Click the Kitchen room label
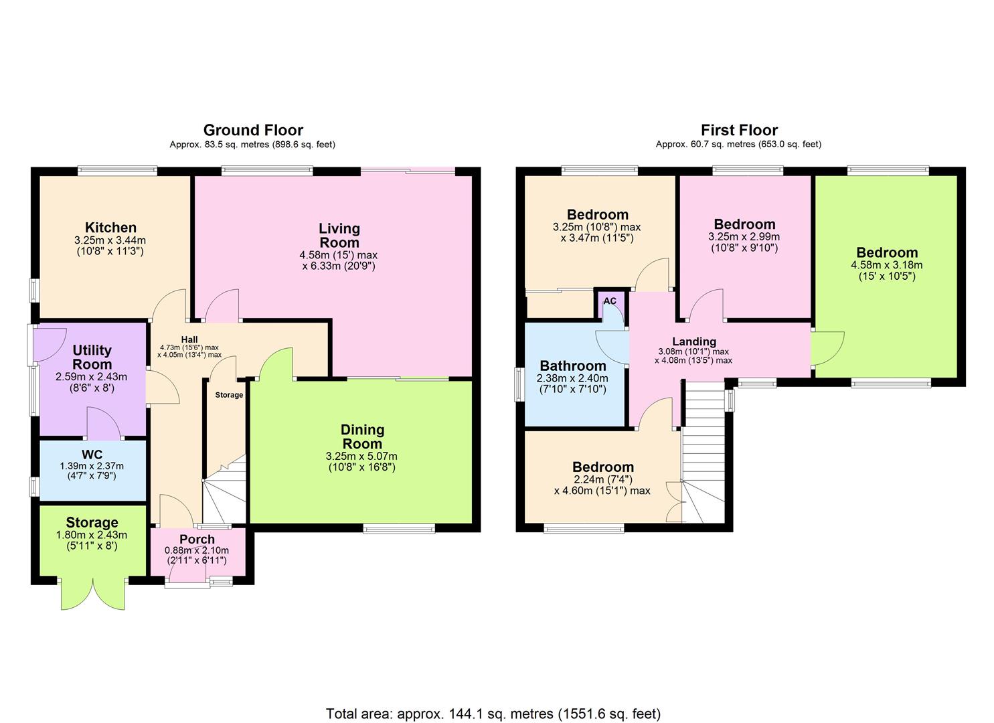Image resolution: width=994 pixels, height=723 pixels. pyautogui.click(x=110, y=228)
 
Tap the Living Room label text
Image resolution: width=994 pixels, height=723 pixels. pyautogui.click(x=339, y=236)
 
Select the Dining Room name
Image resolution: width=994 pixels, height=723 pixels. pyautogui.click(x=362, y=436)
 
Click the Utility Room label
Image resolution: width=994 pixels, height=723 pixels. pyautogui.click(x=92, y=357)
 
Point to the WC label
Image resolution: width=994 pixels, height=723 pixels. pyautogui.click(x=92, y=455)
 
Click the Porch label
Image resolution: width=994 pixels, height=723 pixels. pyautogui.click(x=197, y=539)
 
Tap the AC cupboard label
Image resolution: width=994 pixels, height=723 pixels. pyautogui.click(x=610, y=301)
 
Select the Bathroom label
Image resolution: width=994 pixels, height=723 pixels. pyautogui.click(x=573, y=366)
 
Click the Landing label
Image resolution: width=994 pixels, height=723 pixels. pyautogui.click(x=694, y=341)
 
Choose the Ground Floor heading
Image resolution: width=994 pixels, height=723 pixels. pyautogui.click(x=253, y=130)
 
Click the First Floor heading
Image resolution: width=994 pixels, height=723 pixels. pyautogui.click(x=739, y=130)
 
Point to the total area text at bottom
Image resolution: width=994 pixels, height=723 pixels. pyautogui.click(x=493, y=713)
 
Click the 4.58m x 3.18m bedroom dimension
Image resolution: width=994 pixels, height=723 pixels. pyautogui.click(x=886, y=270)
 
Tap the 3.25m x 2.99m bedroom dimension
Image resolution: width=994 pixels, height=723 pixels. pyautogui.click(x=744, y=242)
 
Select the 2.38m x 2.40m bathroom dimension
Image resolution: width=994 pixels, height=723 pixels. pyautogui.click(x=573, y=383)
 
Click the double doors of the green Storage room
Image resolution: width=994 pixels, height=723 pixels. pyautogui.click(x=93, y=592)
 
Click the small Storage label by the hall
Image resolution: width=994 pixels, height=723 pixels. pyautogui.click(x=229, y=395)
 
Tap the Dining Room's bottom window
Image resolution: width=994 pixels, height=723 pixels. pyautogui.click(x=399, y=529)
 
